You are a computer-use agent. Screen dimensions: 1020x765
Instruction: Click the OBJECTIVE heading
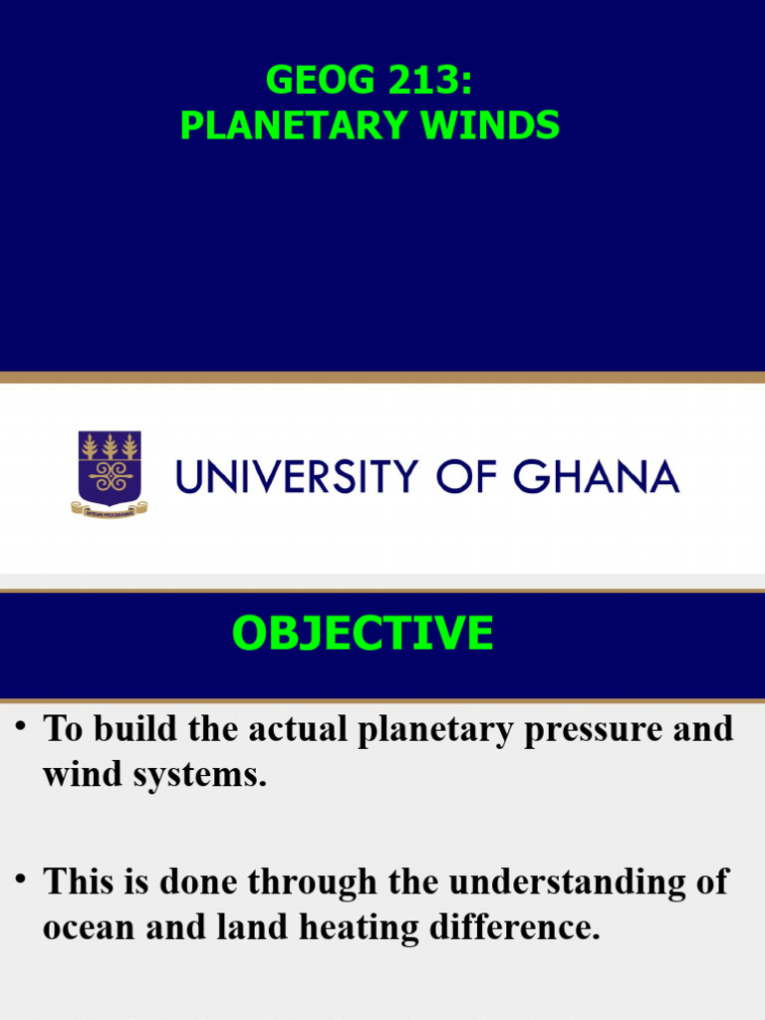(x=363, y=634)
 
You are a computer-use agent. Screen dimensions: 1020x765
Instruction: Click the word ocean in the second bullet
(x=89, y=928)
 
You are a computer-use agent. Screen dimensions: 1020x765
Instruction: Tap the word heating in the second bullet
(x=345, y=928)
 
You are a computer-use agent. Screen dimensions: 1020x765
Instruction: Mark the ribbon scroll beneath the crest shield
(x=110, y=508)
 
